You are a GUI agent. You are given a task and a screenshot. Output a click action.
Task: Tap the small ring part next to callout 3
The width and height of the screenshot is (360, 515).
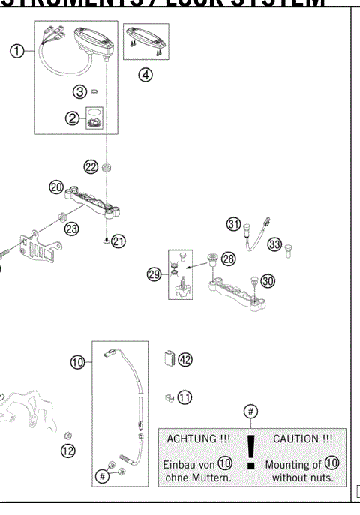point(97,92)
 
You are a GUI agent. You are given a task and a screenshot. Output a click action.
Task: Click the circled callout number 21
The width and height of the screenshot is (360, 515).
point(119,241)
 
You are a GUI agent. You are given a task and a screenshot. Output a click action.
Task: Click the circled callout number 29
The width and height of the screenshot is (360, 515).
point(154,274)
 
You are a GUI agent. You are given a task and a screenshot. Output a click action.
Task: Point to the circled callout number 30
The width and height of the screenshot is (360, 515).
point(268,280)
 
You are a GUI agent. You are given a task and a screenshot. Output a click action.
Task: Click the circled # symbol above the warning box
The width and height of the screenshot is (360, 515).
point(252,411)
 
